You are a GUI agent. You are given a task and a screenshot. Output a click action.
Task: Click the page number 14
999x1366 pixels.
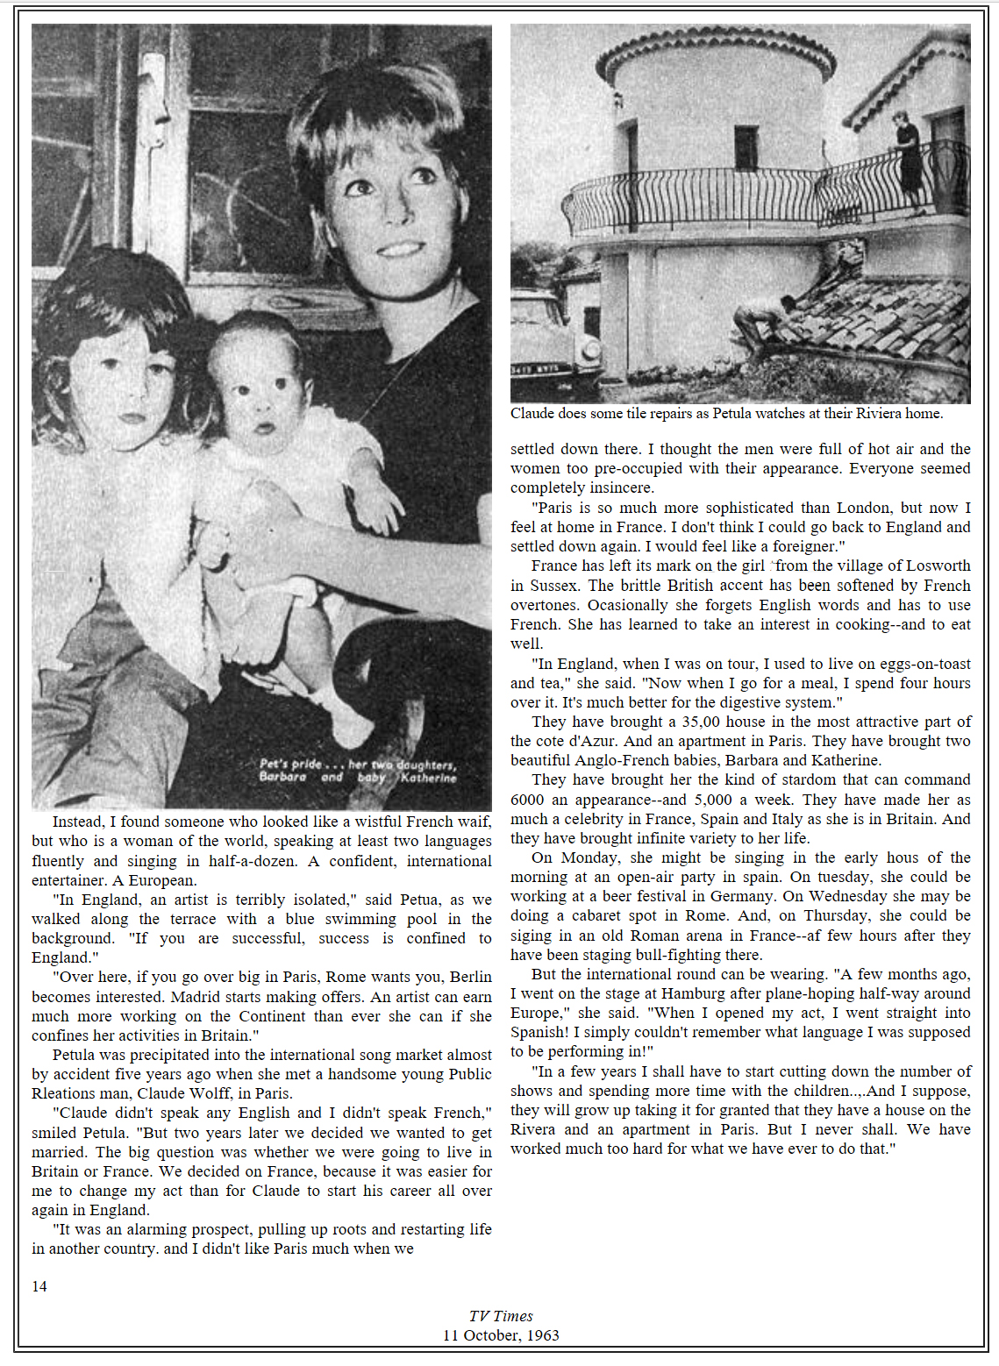[39, 1286]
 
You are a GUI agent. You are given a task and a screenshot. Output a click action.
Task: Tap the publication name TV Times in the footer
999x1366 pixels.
[500, 1316]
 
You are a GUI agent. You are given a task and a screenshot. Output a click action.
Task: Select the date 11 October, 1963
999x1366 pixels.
[500, 1335]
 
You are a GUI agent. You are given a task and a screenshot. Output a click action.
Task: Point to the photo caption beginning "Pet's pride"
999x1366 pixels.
[358, 771]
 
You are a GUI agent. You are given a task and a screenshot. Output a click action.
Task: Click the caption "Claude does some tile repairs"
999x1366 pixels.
[726, 413]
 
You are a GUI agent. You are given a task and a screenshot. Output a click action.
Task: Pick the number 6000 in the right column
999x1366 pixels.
[527, 800]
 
